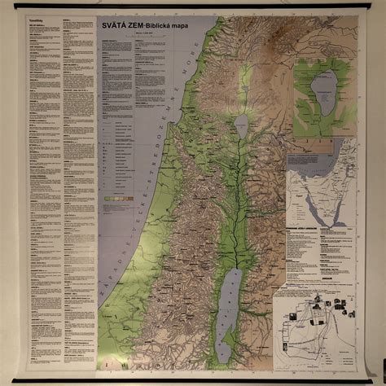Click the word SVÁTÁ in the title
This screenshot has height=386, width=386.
(x=113, y=25)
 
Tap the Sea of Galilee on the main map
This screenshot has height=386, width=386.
(x=241, y=124)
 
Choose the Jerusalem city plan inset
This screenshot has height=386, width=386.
(x=314, y=326)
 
